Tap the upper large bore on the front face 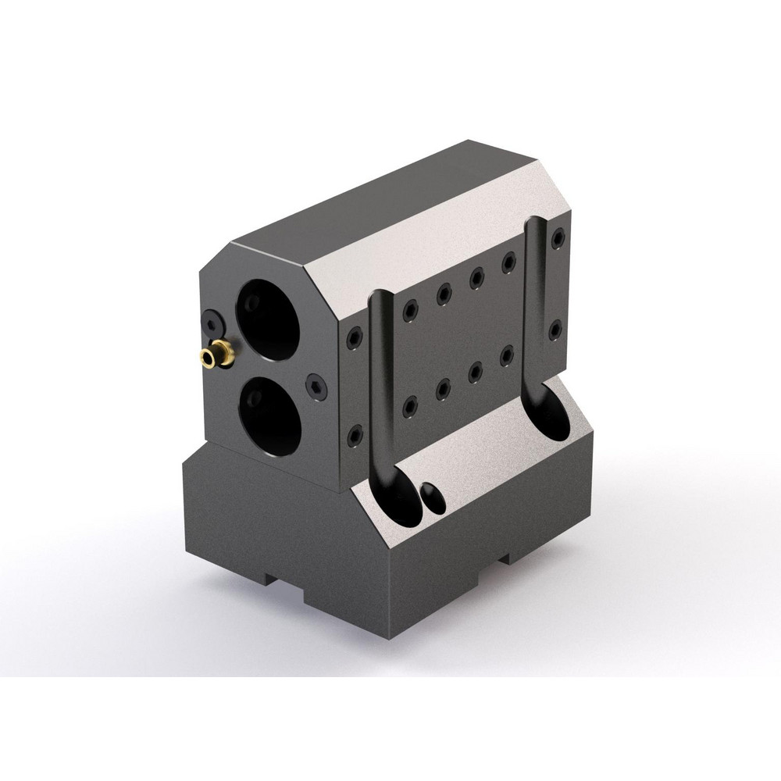pyautogui.click(x=268, y=321)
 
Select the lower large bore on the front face pyautogui.click(x=269, y=414)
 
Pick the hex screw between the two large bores pyautogui.click(x=314, y=384)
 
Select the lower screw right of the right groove pyautogui.click(x=555, y=330)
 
